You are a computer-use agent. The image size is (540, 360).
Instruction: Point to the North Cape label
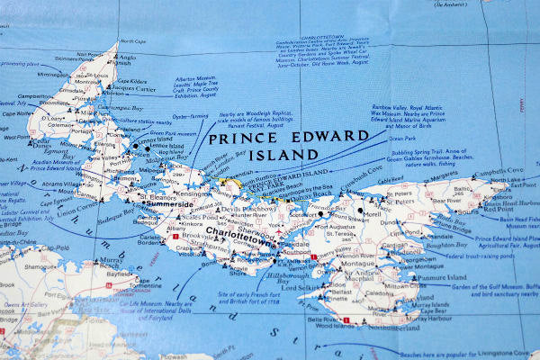132,41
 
